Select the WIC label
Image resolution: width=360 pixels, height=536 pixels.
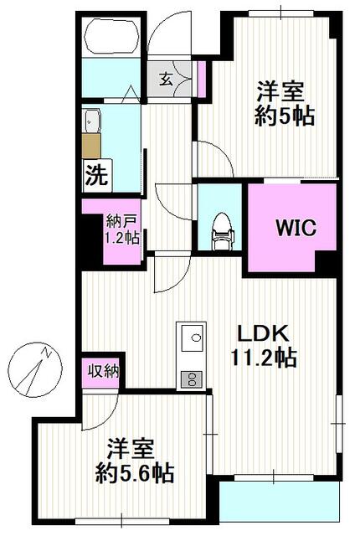(x=296, y=227)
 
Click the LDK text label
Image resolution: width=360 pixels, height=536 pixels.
(x=263, y=334)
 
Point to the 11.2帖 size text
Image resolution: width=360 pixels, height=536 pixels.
(x=264, y=358)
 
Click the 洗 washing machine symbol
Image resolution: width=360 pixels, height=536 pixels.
(x=97, y=175)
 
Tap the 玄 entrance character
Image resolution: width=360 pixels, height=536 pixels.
(x=166, y=80)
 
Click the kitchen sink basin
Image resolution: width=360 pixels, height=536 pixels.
(x=192, y=338)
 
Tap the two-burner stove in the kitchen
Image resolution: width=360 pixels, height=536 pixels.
(x=192, y=379)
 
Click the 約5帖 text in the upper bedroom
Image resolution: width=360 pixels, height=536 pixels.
(x=285, y=117)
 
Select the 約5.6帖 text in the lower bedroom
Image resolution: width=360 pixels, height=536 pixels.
(x=135, y=473)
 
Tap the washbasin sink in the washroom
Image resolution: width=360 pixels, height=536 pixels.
(x=91, y=121)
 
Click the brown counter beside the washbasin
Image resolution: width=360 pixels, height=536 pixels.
(x=91, y=146)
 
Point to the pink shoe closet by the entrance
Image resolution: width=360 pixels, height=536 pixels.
(x=202, y=79)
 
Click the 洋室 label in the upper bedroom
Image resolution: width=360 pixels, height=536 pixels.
(x=280, y=91)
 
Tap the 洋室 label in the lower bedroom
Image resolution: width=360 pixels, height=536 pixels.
(x=131, y=449)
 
